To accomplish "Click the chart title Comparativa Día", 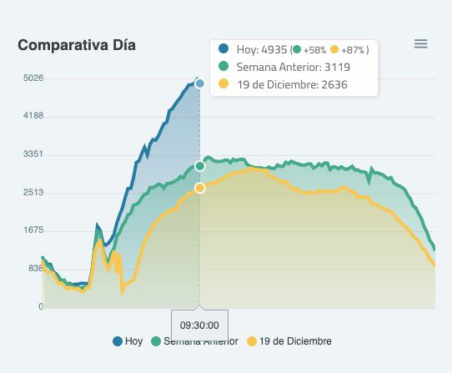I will click(x=77, y=45).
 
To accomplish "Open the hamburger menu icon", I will click(x=421, y=43).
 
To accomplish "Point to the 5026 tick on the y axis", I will click(x=33, y=78).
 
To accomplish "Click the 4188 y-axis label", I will click(x=33, y=116).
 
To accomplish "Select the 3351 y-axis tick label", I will click(x=33, y=154).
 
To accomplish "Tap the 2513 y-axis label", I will click(x=33, y=193).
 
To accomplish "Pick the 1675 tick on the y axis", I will click(x=33, y=230).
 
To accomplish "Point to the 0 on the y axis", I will click(x=40, y=307).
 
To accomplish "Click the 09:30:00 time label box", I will click(x=199, y=325).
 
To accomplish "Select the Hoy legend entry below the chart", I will click(x=128, y=341).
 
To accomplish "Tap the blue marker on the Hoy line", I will click(x=200, y=83).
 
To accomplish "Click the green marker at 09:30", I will click(x=200, y=166).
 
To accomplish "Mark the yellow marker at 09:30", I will click(x=200, y=188).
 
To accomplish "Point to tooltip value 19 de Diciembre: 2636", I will click(x=292, y=84).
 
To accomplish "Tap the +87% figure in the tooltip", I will click(x=354, y=50).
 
